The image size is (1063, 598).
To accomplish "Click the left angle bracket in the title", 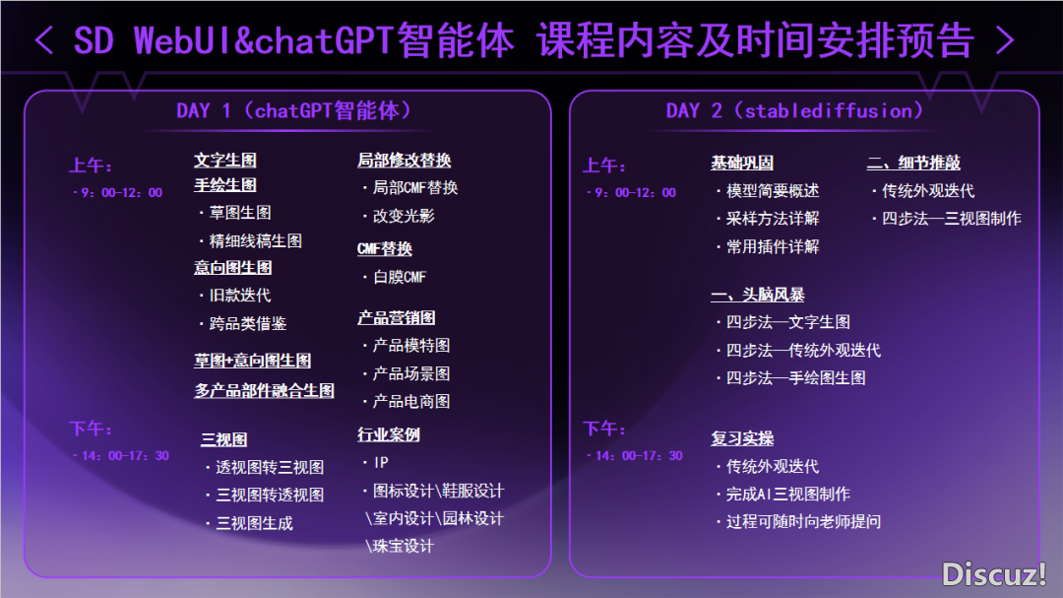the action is [44, 40].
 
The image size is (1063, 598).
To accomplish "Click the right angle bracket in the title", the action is [1005, 40].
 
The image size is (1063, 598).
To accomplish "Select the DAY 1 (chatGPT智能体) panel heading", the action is [293, 110].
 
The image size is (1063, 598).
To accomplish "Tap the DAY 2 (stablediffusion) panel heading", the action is [794, 110].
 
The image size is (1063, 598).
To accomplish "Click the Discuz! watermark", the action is [994, 574].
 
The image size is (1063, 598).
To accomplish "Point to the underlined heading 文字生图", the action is [225, 161].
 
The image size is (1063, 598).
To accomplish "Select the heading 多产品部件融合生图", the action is [265, 390].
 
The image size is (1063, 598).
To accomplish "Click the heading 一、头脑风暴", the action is [758, 295].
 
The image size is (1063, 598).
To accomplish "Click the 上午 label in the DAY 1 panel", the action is [91, 166].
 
